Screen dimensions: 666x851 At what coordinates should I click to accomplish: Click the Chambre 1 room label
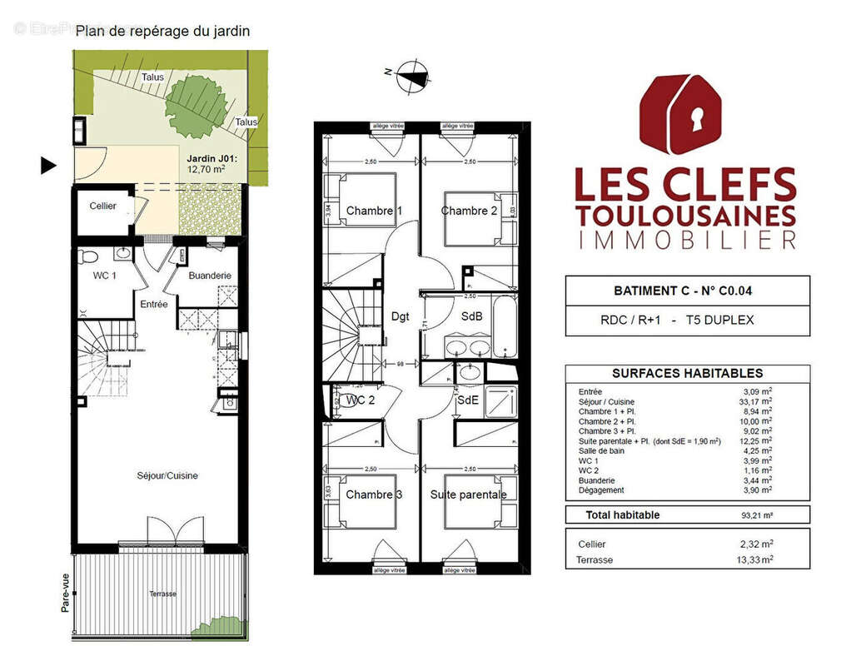coord(374,211)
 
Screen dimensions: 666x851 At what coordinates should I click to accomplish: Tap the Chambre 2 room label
coord(469,211)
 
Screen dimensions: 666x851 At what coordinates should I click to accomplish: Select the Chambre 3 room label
coord(374,495)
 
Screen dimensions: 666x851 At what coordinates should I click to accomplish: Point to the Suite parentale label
coord(468,495)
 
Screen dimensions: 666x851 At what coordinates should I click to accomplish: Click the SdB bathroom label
coord(471,316)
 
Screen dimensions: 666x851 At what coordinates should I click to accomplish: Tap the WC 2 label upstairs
coord(360,400)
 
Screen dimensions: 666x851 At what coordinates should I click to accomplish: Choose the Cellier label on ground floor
coord(103,206)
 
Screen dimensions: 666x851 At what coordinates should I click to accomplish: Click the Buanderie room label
coord(209,276)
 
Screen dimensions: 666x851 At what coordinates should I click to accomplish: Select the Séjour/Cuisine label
coord(167,475)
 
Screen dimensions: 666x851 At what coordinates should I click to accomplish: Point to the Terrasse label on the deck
coord(162,594)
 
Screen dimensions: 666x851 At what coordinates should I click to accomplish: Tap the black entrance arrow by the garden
coord(49,166)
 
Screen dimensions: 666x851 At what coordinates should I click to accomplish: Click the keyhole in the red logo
coord(696,119)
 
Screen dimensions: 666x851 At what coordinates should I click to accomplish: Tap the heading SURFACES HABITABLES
coord(687,374)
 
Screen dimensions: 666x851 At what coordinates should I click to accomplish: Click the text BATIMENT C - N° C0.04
coord(687,291)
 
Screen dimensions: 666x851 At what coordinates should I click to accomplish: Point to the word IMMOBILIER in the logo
coord(686,241)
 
